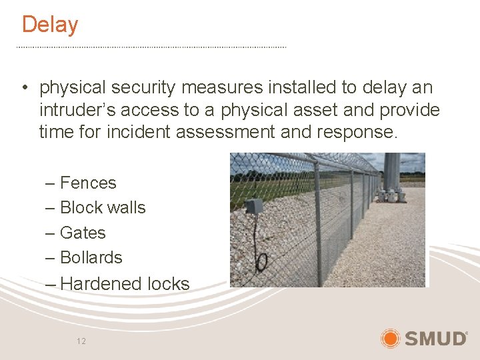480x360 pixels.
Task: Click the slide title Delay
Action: [x=50, y=25]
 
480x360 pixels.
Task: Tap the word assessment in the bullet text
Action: [x=226, y=132]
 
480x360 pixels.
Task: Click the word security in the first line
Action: [x=144, y=87]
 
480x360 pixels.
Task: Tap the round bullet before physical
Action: [x=23, y=88]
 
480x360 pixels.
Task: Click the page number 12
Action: [x=81, y=341]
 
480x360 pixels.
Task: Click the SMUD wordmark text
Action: [x=436, y=339]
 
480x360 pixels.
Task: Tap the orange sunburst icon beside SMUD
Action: [x=390, y=338]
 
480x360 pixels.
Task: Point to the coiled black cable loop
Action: [x=263, y=261]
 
